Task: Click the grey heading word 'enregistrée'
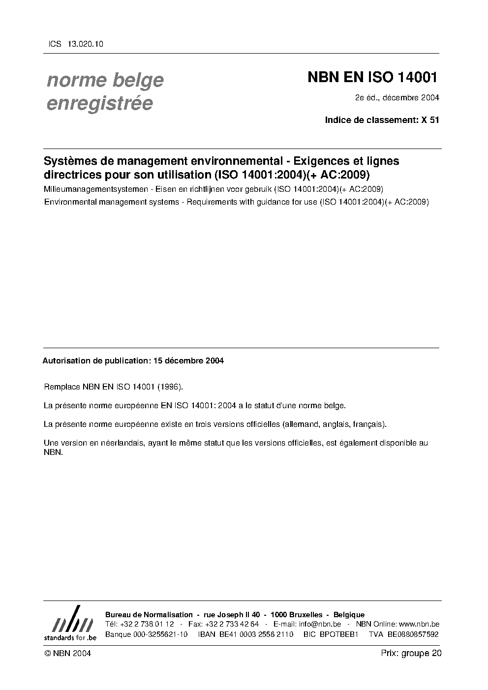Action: pos(99,103)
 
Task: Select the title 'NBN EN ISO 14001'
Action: pos(372,77)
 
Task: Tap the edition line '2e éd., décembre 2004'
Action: pos(397,97)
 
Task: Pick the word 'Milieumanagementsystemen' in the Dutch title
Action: pos(90,189)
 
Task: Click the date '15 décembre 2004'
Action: pos(188,360)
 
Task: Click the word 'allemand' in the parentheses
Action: pos(302,424)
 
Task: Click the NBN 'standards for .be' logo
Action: pos(70,623)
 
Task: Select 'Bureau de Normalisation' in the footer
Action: pos(149,615)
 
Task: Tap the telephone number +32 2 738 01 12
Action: pos(147,624)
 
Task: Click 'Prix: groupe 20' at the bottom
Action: pos(411,653)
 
